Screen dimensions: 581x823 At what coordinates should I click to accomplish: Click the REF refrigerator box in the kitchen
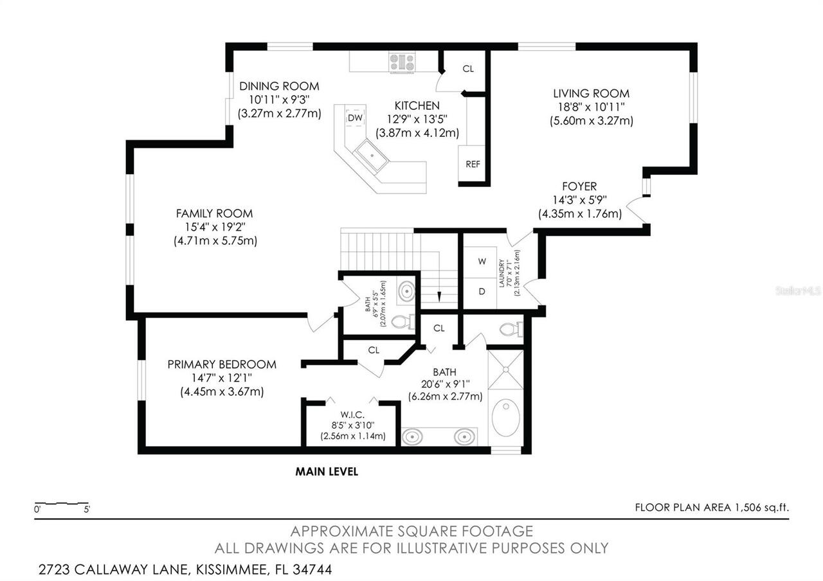(x=473, y=164)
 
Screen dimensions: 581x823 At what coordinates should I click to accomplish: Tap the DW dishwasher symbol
(x=355, y=118)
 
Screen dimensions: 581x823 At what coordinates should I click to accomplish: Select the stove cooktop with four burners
(x=402, y=62)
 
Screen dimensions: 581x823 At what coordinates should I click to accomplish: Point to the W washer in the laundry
(x=482, y=262)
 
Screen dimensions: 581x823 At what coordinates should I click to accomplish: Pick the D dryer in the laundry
(x=482, y=290)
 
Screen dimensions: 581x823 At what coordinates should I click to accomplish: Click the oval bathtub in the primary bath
(x=505, y=418)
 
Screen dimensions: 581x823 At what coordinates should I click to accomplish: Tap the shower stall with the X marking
(x=505, y=370)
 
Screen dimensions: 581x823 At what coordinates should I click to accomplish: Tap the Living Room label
(x=592, y=94)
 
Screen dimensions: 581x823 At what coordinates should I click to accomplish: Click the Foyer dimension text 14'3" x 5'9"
(x=579, y=200)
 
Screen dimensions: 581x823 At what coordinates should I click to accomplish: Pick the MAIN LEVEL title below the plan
(x=327, y=472)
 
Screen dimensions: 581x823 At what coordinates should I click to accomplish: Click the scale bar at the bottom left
(x=62, y=503)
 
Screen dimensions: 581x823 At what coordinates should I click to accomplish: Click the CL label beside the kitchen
(x=468, y=68)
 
